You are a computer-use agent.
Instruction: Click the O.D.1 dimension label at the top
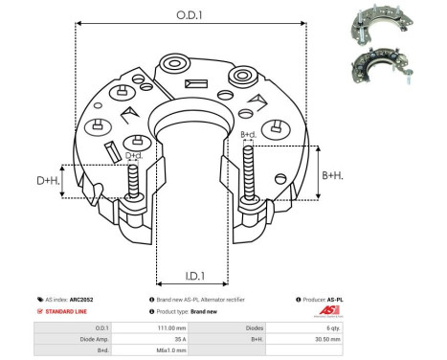pos(189,16)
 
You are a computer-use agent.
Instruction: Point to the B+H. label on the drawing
pos(333,175)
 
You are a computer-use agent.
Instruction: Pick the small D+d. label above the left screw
pos(135,154)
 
